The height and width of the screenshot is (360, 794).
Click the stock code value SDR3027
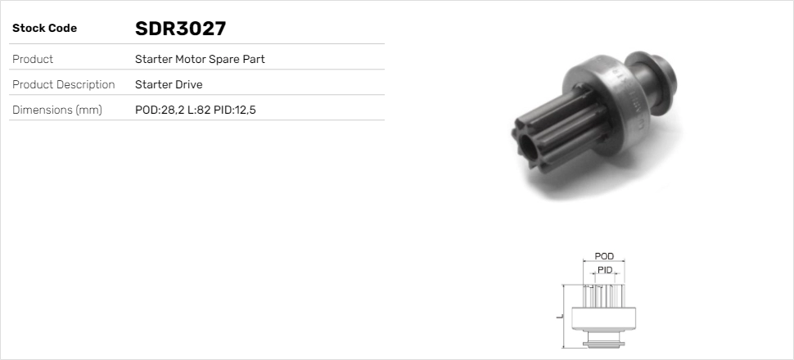coord(180,29)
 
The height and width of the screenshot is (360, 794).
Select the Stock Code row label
coord(44,29)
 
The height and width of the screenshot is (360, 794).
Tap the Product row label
coord(33,59)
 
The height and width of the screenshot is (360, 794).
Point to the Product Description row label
coord(63,84)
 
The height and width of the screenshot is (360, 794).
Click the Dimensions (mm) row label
coord(56,110)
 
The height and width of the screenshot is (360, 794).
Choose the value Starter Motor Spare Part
coord(200,59)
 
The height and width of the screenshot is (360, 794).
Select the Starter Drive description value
coord(169,84)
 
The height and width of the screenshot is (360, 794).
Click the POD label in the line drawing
coord(604,257)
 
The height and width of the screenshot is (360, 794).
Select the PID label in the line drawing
coord(605,270)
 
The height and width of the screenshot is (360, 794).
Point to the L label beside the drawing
coord(557,317)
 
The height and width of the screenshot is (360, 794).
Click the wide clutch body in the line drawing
coord(603,318)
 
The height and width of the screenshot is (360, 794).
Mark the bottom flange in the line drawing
coord(603,340)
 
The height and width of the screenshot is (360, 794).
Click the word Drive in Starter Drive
coord(187,84)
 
